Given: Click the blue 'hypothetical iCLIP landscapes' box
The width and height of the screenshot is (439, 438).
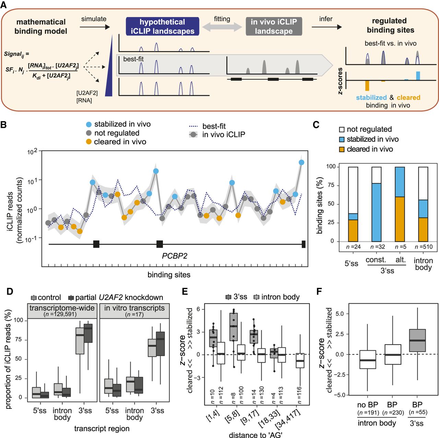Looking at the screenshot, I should tap(162, 27).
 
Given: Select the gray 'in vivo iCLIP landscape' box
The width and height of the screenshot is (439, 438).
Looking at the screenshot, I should tap(274, 27).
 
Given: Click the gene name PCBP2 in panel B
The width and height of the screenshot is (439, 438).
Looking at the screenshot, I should tap(175, 256).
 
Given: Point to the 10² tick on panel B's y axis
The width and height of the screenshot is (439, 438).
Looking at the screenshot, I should tap(32, 151).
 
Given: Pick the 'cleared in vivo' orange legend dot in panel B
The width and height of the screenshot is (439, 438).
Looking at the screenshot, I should tap(89, 142).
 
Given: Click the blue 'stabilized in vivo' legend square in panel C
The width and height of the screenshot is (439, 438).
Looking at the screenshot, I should tap(342, 139).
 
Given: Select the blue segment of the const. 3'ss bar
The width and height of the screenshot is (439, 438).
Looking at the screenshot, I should tap(377, 212).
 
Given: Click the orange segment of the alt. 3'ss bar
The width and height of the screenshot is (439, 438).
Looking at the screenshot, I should tap(400, 219).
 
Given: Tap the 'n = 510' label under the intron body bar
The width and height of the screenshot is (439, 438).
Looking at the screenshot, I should tap(423, 247).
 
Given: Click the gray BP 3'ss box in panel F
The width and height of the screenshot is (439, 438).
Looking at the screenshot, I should tap(417, 340).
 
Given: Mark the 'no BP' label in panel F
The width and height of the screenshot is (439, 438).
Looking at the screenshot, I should tap(367, 404).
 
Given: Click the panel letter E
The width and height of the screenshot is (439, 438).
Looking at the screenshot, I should tap(185, 291).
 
